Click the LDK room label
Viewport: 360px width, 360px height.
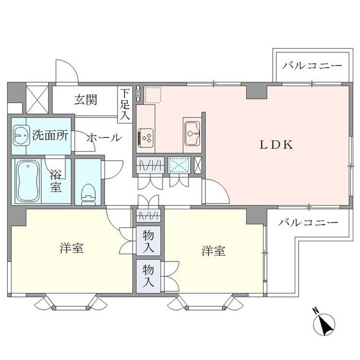(276, 145)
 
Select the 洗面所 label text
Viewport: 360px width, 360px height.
(50, 135)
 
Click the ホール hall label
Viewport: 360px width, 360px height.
(103, 137)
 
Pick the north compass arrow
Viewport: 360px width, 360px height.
(324, 322)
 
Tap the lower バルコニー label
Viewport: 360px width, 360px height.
(309, 223)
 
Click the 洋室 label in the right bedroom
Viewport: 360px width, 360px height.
(214, 251)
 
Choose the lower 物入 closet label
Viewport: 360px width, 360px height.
(148, 274)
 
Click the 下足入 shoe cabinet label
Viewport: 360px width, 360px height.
(124, 103)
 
